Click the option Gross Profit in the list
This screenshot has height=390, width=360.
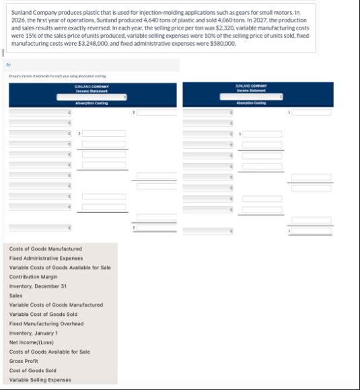coord(23,361)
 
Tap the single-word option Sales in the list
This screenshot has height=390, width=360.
coord(15,295)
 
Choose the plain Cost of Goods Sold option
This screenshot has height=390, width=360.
coord(32,370)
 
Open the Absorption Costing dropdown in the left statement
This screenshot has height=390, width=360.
coord(92,97)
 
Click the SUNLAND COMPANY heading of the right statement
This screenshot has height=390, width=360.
coord(251,86)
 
